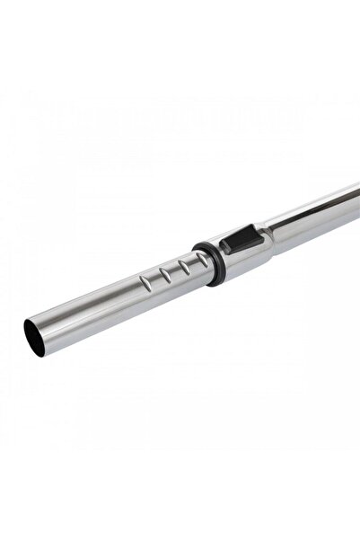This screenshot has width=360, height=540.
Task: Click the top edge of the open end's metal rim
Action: coord(30,320)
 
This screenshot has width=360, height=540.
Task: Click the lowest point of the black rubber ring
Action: coord(218,283)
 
